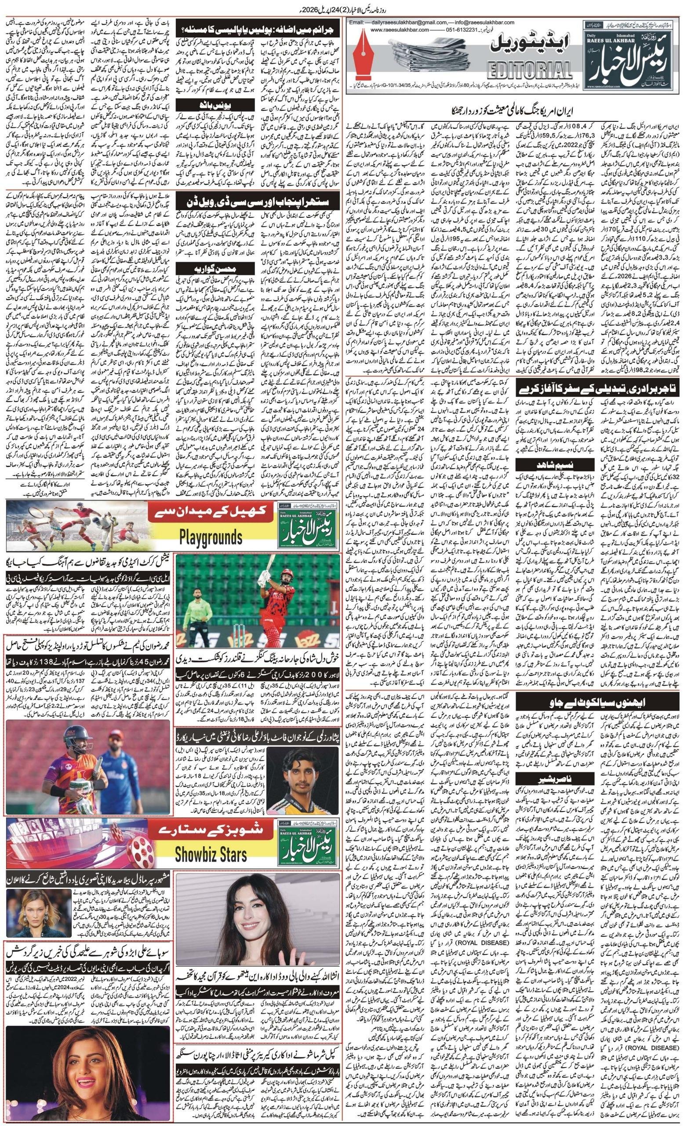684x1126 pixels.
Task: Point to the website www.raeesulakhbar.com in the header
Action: pyautogui.click(x=400, y=30)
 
